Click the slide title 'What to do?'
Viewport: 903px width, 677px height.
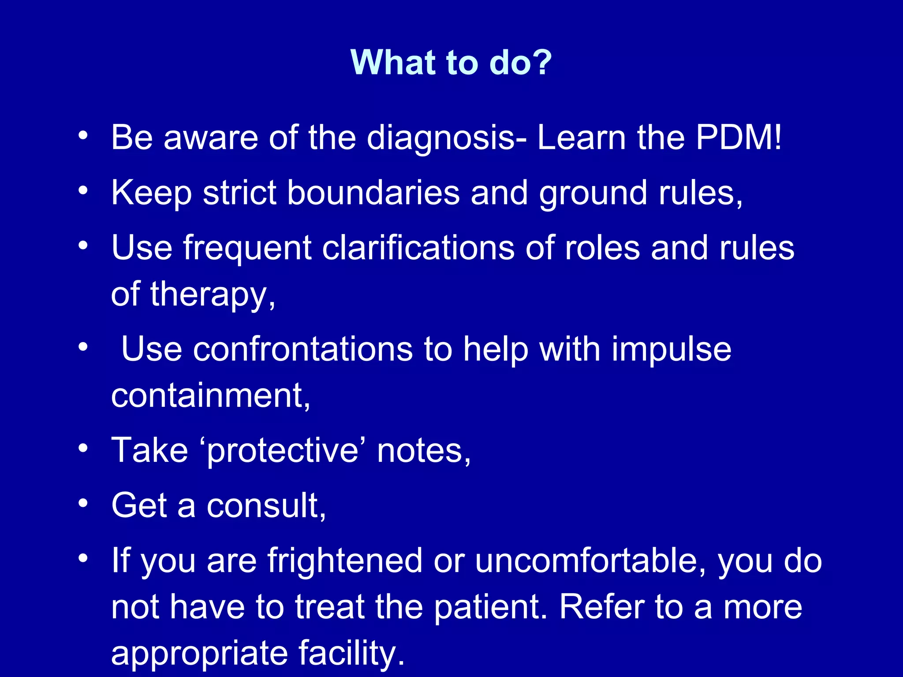coord(451,62)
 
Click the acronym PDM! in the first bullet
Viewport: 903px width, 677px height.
coord(739,138)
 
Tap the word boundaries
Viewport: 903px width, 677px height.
coord(373,193)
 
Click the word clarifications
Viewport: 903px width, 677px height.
coord(418,248)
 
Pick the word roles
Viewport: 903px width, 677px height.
coord(602,248)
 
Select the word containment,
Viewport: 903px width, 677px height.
coord(211,395)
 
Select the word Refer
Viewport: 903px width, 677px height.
coord(602,607)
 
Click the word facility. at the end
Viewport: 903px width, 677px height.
coord(351,653)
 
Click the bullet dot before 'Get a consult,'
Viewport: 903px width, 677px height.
coord(83,503)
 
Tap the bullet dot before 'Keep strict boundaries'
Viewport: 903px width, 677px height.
coord(83,191)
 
